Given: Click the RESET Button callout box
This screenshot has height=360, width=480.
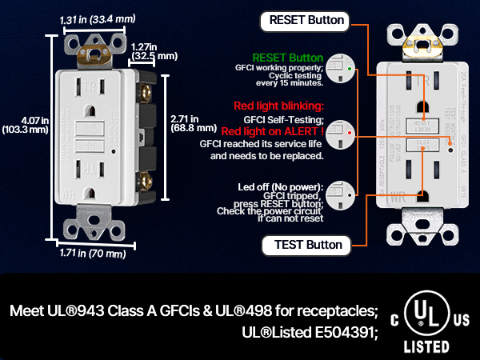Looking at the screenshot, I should coord(307,20).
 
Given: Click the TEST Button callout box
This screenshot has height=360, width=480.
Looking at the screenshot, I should coord(306,245).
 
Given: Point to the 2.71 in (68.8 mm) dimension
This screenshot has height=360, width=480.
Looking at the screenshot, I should coord(194,122).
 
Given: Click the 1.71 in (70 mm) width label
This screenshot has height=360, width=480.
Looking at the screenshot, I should coord(93,254).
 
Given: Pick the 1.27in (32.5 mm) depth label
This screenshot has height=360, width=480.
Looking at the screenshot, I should coord(155,52).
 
